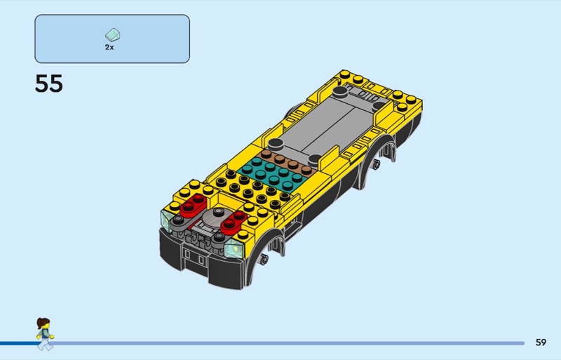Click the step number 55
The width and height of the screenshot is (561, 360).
point(48,84)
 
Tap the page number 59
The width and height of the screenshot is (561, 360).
point(541,342)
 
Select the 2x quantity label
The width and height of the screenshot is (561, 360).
point(109,47)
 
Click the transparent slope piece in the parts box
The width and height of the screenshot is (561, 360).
point(113,35)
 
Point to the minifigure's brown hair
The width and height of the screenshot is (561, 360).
point(43,323)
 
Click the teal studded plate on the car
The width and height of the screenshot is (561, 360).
point(273,174)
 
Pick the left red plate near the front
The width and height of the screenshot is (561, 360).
point(193,206)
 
